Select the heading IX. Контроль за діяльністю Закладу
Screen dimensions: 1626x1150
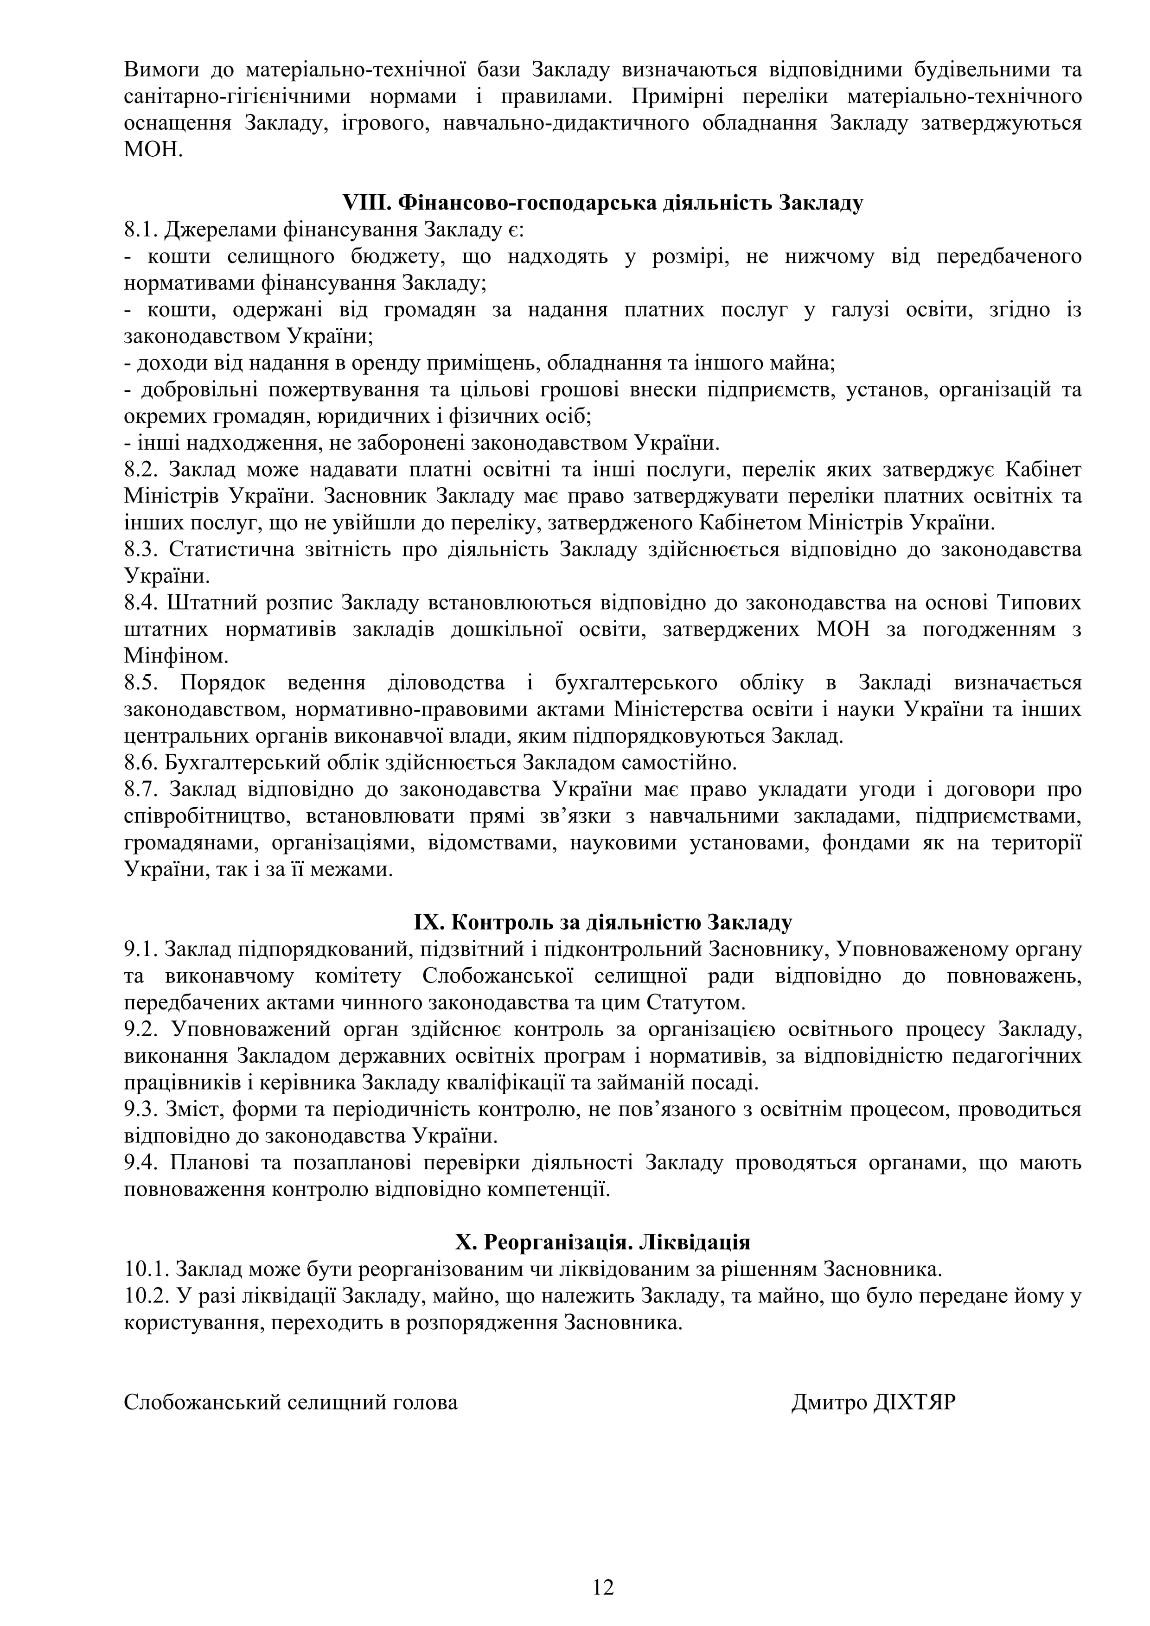tap(603, 923)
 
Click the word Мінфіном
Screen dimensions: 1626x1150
tap(176, 657)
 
